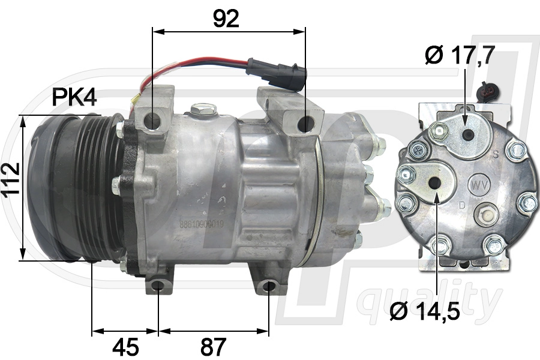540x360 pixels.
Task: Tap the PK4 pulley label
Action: pos(74,97)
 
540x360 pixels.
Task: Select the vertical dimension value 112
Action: pos(11,187)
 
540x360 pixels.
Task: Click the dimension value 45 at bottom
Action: pos(125,346)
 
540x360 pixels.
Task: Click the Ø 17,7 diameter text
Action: pos(460,55)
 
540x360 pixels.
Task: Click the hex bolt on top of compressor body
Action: pos(204,110)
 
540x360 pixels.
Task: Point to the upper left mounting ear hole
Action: pos(153,121)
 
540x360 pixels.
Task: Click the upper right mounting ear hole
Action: pos(305,124)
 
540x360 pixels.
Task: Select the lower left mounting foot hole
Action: pos(158,284)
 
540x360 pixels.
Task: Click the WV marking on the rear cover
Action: pos(479,182)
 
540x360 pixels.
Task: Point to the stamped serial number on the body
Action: pos(202,226)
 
